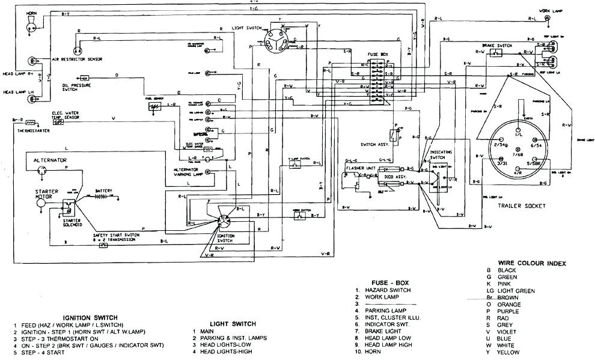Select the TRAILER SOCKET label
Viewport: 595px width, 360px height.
(522, 206)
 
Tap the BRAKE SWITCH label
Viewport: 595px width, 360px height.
(496, 45)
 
